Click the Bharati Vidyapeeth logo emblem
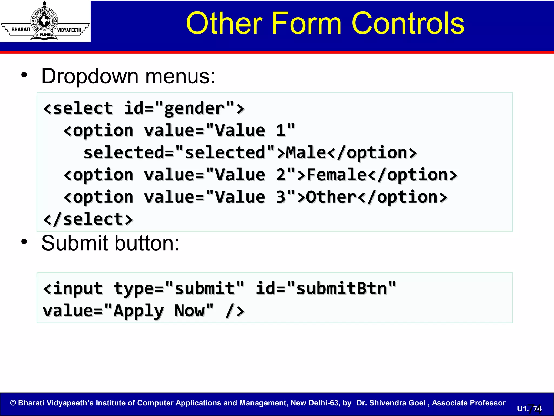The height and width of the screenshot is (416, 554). click(45, 21)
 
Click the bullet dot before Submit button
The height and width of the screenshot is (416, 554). click(24, 242)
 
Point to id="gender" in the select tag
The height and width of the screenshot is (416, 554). click(179, 109)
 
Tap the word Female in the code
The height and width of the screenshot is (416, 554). click(337, 175)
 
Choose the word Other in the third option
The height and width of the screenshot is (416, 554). click(331, 197)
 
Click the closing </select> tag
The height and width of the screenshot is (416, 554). click(88, 219)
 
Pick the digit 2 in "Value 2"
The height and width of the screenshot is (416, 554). click(281, 175)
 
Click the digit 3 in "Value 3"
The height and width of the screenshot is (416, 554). click(281, 197)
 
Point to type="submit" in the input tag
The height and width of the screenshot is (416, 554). click(179, 288)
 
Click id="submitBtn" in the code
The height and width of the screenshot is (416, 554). click(326, 288)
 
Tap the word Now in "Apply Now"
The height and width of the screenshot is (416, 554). click(189, 311)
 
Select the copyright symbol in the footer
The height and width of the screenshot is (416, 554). click(13, 403)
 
